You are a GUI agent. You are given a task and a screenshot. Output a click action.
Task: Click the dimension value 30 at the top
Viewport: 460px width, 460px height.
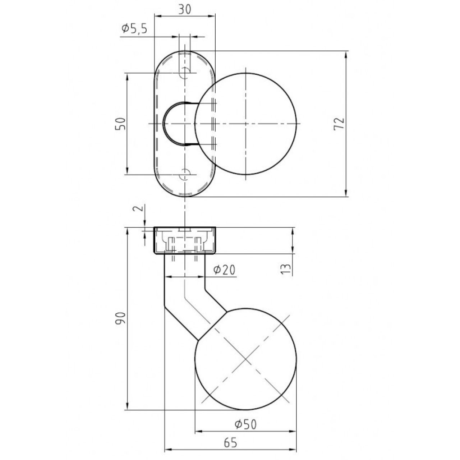pyautogui.click(x=184, y=10)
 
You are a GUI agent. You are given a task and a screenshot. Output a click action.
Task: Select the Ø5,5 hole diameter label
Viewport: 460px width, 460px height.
pyautogui.click(x=134, y=29)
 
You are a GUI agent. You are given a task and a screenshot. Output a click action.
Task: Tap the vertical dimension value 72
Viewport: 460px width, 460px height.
pyautogui.click(x=339, y=124)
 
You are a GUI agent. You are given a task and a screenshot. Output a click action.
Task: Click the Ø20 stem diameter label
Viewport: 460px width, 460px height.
pyautogui.click(x=224, y=270)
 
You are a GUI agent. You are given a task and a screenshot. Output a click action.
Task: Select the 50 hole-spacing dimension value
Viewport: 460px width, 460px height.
pyautogui.click(x=120, y=124)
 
